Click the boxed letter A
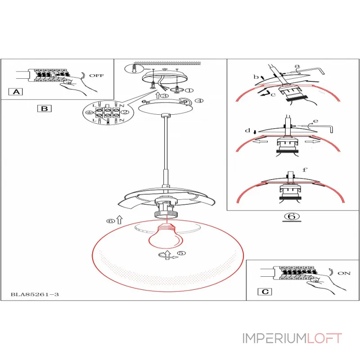click(16, 92)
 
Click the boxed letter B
click(44, 108)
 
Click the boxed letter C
click(265, 292)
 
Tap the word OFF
click(96, 76)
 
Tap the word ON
click(344, 273)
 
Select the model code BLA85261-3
click(35, 294)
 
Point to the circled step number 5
click(181, 253)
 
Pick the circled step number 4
click(199, 100)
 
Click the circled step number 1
click(189, 90)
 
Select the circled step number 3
click(164, 95)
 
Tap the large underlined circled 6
click(292, 216)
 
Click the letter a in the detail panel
click(297, 66)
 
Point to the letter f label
click(305, 170)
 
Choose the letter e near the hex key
click(316, 121)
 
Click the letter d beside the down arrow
click(247, 130)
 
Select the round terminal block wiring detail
click(105, 112)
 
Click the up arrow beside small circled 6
click(120, 220)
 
